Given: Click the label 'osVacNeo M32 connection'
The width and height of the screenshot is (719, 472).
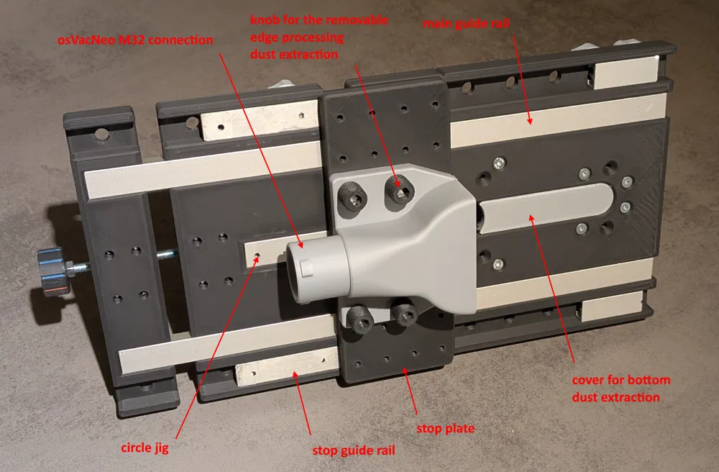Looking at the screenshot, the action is click(135, 40).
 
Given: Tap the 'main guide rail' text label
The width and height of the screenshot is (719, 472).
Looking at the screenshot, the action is click(466, 24).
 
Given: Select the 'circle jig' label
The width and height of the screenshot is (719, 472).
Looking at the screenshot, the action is click(145, 448).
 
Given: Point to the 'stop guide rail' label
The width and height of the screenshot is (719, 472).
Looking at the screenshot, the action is click(354, 450).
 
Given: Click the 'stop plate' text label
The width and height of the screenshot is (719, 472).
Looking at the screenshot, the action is click(445, 428).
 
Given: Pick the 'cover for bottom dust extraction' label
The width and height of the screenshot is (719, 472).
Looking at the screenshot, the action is click(621, 389).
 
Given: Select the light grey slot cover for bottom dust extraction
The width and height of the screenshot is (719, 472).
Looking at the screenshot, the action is click(546, 207).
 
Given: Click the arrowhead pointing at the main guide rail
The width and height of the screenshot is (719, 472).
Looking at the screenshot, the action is click(529, 120).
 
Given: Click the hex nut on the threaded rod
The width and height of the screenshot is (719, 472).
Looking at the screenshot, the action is click(70, 267).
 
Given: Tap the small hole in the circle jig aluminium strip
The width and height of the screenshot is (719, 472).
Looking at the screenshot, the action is click(257, 255).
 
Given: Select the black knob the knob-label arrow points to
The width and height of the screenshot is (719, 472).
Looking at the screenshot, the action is click(399, 189).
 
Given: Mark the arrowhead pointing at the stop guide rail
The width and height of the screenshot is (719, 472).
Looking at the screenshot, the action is click(296, 376).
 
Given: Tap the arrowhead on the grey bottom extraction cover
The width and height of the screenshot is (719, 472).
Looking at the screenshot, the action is click(532, 218).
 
